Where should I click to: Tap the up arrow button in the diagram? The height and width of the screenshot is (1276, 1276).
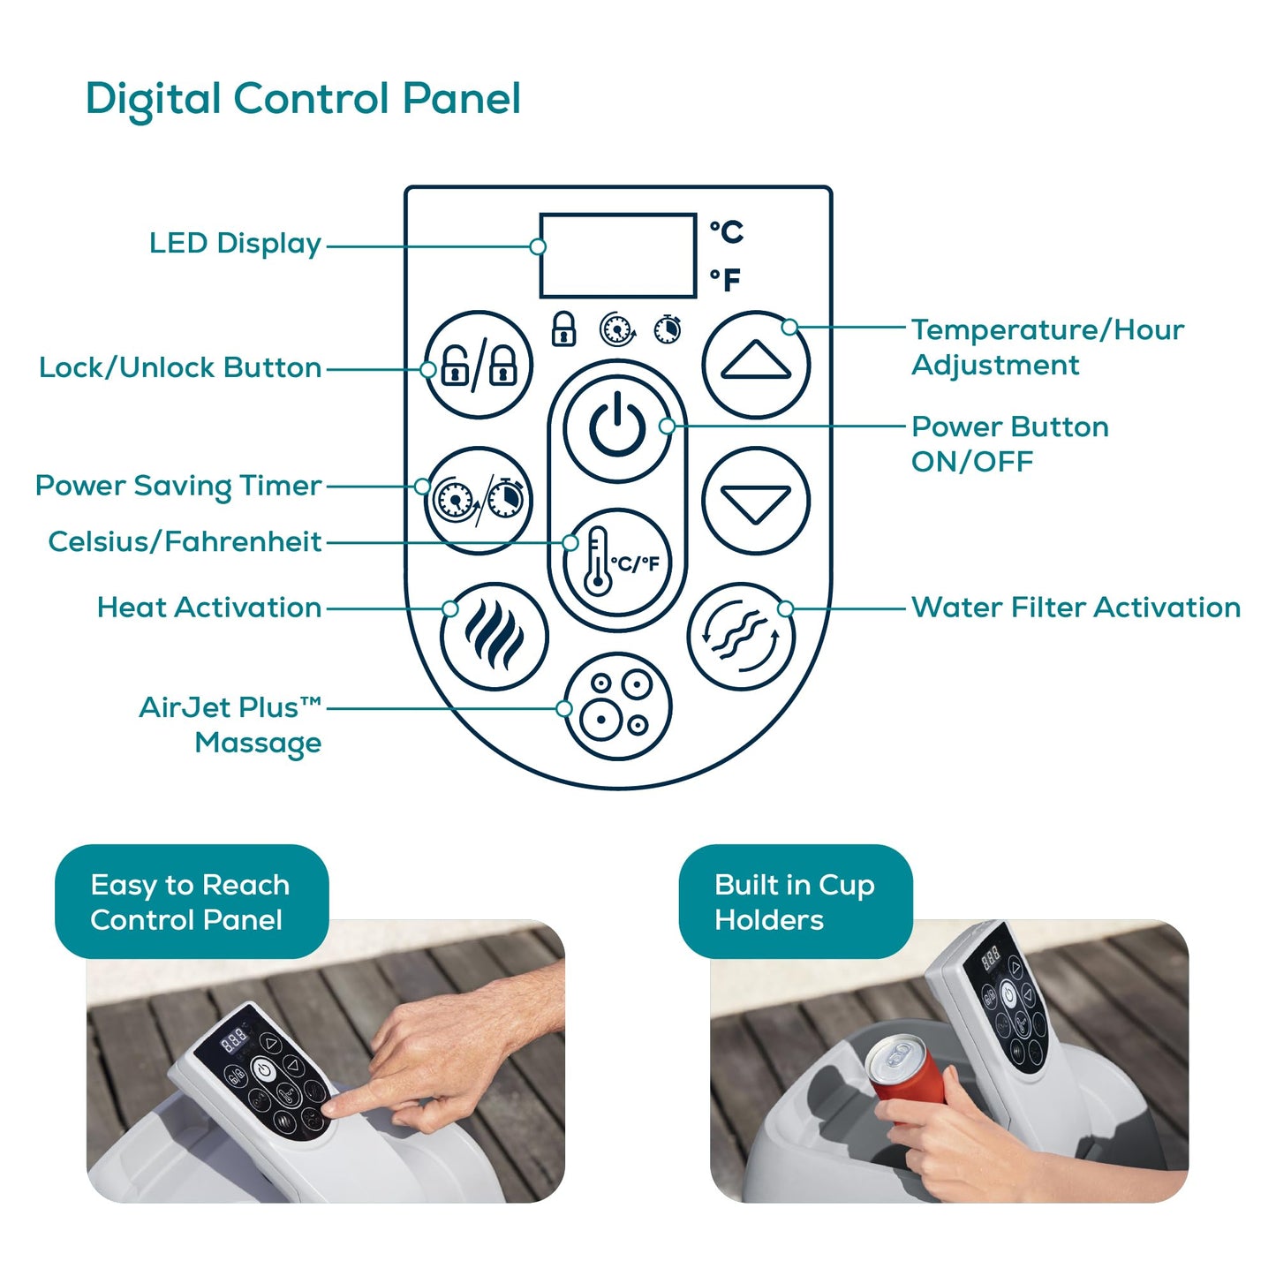[756, 365]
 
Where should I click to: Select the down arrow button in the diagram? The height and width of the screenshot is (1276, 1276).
[756, 501]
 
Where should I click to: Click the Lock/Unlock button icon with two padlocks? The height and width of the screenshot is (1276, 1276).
[478, 365]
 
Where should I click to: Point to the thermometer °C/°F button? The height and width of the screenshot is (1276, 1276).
[617, 562]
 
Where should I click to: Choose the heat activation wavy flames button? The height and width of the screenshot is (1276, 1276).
[494, 637]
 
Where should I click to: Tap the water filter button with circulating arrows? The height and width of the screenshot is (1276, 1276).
[741, 637]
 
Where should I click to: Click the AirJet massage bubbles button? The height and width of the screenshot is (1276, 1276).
[617, 706]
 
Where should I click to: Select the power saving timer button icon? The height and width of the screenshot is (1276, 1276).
[478, 501]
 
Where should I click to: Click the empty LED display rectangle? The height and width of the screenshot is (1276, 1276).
[618, 255]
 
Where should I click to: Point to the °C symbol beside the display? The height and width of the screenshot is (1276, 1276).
[727, 231]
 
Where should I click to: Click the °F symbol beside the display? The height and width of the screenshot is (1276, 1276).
[725, 279]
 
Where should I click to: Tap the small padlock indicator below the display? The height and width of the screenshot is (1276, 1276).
[563, 328]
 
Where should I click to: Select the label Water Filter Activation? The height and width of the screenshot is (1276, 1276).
[1076, 608]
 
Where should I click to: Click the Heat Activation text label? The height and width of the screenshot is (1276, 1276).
[209, 608]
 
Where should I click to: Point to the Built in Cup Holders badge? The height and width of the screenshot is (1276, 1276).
[796, 902]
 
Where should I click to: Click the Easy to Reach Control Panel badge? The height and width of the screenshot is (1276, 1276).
[192, 902]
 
